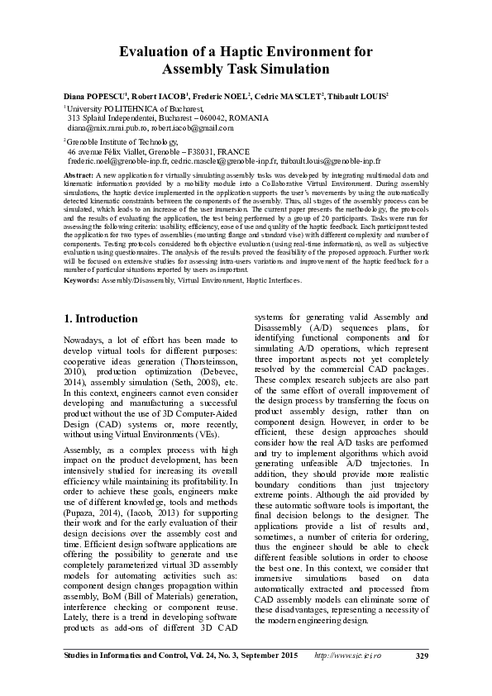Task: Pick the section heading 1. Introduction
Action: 101,318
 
